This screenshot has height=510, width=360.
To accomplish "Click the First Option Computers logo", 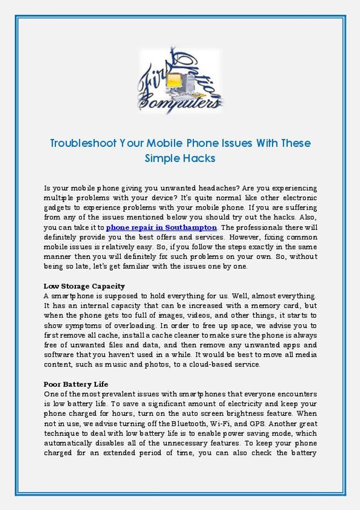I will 179,81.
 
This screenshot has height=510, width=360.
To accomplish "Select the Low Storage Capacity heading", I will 84,287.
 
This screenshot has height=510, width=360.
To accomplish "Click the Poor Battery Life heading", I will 76,384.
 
